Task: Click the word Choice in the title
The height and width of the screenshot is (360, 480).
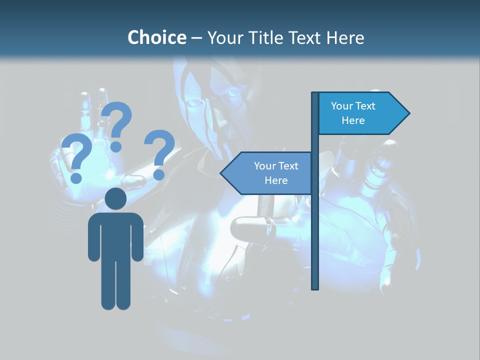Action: coord(156,37)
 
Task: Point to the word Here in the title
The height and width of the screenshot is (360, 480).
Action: coord(345,37)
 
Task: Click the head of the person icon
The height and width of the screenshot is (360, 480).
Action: coord(115,198)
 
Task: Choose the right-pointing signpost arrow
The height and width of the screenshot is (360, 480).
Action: coord(360,113)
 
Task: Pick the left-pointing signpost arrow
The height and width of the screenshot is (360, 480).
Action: coord(270,173)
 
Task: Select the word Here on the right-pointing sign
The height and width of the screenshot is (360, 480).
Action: coord(353,120)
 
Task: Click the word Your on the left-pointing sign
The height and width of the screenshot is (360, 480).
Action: coord(264,166)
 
